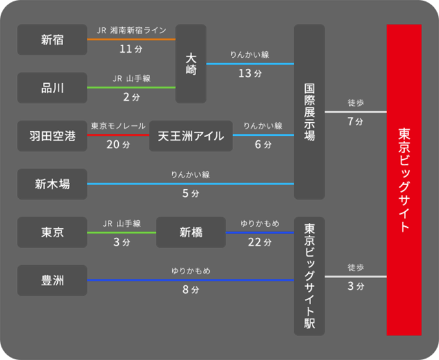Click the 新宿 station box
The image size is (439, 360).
[52, 40]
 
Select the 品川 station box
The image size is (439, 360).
[52, 88]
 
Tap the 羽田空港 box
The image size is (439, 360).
[52, 136]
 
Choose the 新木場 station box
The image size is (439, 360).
[52, 185]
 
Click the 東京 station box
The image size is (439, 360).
[52, 232]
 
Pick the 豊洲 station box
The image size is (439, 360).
[52, 281]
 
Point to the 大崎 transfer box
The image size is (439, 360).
[191, 64]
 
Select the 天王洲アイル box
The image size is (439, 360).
[190, 136]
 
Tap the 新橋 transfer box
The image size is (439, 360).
[190, 232]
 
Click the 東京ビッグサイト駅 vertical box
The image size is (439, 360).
[309, 276]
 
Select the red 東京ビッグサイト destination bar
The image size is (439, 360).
[403, 180]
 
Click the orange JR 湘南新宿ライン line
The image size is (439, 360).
[131, 40]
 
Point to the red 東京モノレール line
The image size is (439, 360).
[118, 135]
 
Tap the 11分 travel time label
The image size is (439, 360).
[131, 49]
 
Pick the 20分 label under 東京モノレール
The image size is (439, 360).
[118, 145]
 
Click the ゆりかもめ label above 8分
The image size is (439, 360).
[190, 270]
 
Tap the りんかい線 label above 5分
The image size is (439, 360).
[190, 174]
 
